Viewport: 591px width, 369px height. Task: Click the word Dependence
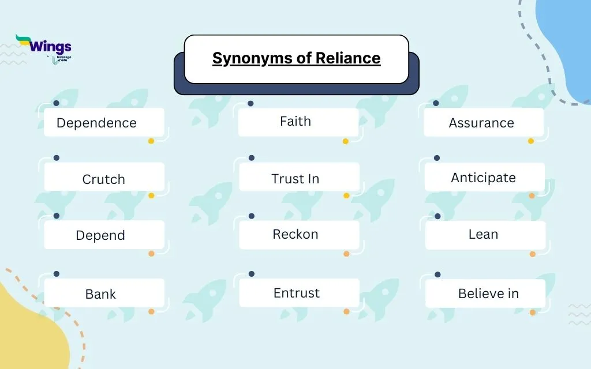tap(96, 123)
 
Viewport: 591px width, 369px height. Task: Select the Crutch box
tap(103, 179)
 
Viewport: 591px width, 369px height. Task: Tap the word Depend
tap(100, 235)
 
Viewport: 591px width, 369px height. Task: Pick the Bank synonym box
tap(100, 293)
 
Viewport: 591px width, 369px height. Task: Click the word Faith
tap(295, 121)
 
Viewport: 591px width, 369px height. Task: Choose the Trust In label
tap(295, 179)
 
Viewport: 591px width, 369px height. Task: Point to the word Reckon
tap(295, 234)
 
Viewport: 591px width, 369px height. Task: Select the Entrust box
tap(296, 292)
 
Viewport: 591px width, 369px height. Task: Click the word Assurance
tap(481, 123)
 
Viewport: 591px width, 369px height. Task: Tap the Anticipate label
tap(483, 178)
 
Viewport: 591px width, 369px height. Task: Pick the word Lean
tap(483, 234)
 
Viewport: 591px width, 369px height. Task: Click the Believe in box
tap(488, 293)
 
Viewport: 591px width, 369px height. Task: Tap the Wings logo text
tap(50, 47)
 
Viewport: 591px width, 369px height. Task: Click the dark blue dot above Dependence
tap(56, 103)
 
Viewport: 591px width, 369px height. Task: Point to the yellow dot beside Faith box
tap(346, 141)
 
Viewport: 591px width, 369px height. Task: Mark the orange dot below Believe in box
tap(532, 312)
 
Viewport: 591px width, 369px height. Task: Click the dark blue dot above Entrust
tap(251, 274)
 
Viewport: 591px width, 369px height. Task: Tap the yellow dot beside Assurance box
tap(531, 141)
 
